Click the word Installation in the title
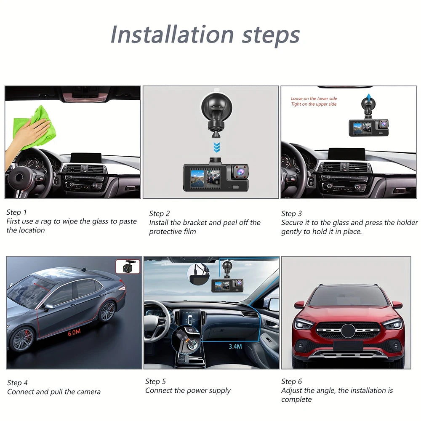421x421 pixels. click(172, 35)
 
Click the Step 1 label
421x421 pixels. click(16, 212)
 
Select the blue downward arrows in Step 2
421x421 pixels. click(216, 148)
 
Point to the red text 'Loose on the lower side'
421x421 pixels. click(314, 99)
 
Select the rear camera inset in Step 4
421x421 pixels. click(127, 267)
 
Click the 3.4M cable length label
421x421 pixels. click(235, 346)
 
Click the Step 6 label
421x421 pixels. click(291, 381)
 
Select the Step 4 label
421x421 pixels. click(17, 383)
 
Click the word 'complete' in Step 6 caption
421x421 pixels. click(296, 399)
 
